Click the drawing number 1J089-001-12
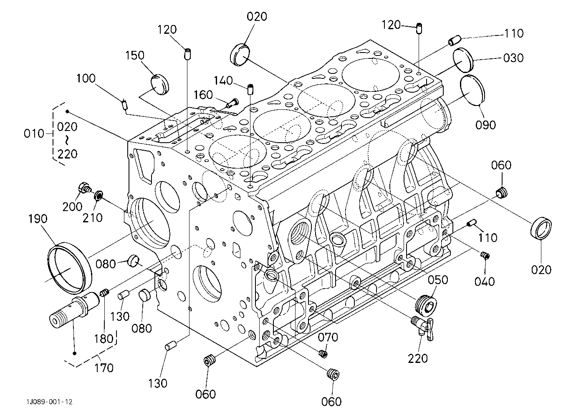tap(50, 402)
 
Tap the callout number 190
tap(38, 219)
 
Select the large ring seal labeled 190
tap(70, 268)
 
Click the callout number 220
tap(418, 358)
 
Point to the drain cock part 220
tap(422, 329)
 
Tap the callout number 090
tap(485, 125)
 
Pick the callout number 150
tap(135, 55)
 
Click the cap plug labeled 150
tap(159, 85)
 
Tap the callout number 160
tap(203, 95)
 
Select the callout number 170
tap(104, 368)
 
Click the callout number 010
tap(34, 133)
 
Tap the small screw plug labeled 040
tap(485, 256)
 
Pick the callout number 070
tap(328, 337)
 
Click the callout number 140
tap(223, 81)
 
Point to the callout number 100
tap(86, 78)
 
